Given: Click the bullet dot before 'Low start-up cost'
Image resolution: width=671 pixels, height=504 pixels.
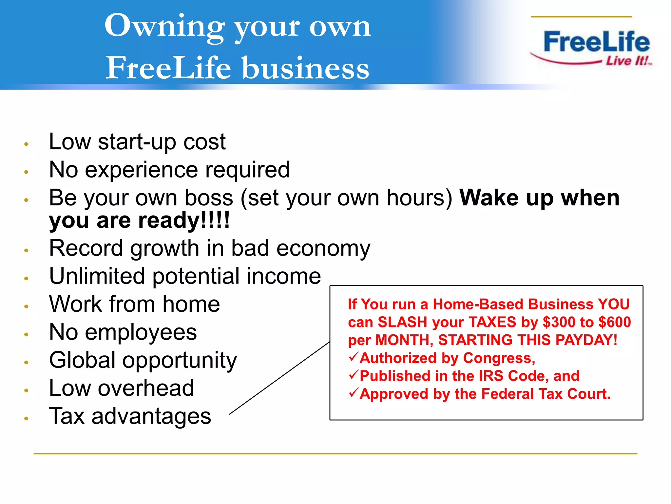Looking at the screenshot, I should (27, 144).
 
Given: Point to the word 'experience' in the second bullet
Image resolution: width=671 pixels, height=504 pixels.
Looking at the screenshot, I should (141, 170).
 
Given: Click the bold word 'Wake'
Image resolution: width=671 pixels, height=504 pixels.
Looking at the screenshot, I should (489, 198).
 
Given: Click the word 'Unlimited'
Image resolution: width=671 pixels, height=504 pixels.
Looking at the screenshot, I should (97, 276).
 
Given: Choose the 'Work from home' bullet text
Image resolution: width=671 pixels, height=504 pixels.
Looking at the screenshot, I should (134, 304).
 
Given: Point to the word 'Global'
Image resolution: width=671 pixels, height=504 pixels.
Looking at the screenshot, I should (82, 360).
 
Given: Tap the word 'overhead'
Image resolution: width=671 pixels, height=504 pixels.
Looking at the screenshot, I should (146, 388).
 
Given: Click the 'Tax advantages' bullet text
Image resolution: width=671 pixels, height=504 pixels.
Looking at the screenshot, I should (130, 416).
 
